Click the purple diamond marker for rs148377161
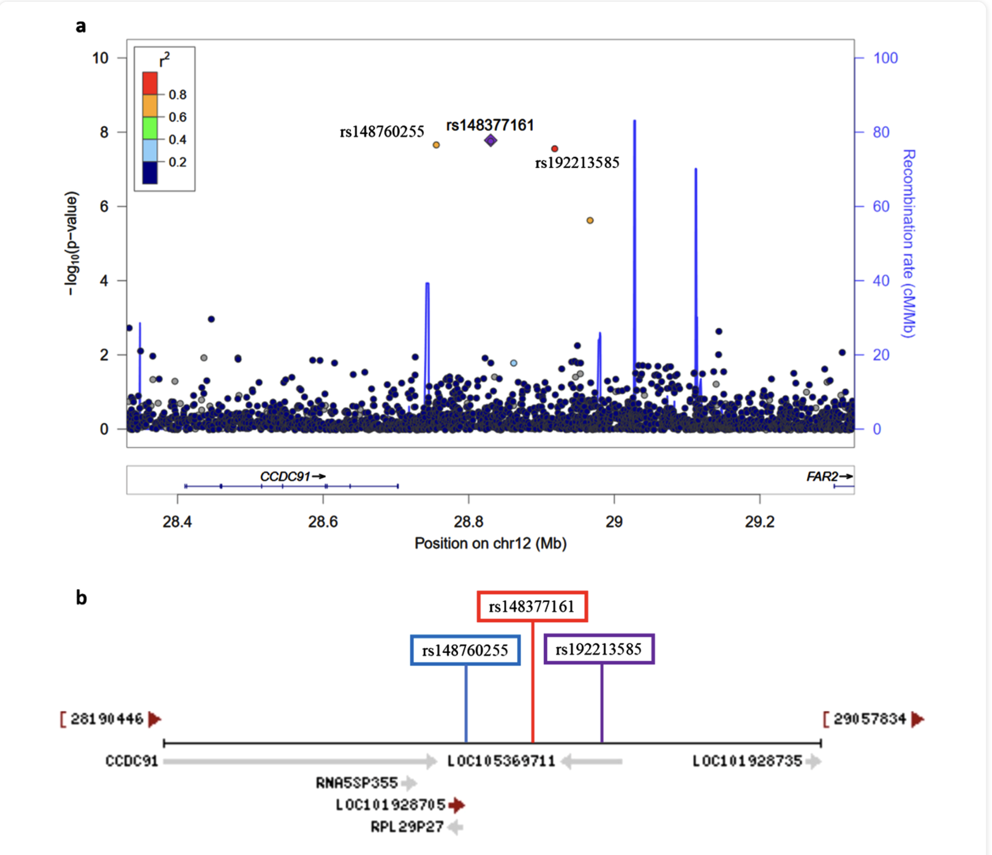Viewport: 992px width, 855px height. tap(490, 141)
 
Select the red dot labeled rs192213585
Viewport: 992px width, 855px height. tap(555, 149)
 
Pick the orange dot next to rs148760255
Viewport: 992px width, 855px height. tap(436, 145)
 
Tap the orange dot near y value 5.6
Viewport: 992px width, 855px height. tap(590, 220)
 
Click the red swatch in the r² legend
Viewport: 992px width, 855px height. tap(150, 83)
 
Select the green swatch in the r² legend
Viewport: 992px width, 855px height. tap(150, 128)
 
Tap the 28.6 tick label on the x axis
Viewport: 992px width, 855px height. tap(323, 522)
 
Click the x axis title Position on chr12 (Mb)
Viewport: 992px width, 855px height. tap(490, 543)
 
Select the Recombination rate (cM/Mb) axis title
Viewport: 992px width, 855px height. tap(909, 243)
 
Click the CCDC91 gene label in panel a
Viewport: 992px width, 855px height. tap(285, 476)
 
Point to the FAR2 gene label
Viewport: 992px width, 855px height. tap(822, 476)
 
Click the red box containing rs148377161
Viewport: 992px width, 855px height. tap(532, 606)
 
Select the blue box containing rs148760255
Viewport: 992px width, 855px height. tap(465, 650)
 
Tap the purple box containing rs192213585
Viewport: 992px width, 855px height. tap(599, 649)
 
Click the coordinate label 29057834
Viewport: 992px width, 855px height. tap(870, 719)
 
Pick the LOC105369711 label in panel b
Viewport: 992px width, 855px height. tap(502, 761)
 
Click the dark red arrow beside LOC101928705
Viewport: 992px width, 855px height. tap(457, 805)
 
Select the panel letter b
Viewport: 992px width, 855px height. tap(81, 598)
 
